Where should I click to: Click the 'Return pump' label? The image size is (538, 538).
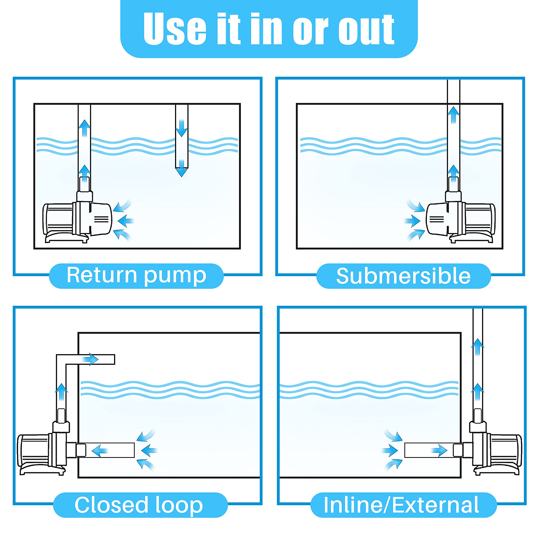coord(136,275)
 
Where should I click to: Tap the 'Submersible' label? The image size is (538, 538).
coord(403,276)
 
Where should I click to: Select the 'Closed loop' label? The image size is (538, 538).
coord(139,505)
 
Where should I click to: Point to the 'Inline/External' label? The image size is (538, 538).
coord(401,505)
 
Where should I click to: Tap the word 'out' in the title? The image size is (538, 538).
coord(366,29)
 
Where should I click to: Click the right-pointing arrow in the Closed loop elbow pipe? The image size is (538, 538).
coord(91,359)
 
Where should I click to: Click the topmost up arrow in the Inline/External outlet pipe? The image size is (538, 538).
coord(477,347)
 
